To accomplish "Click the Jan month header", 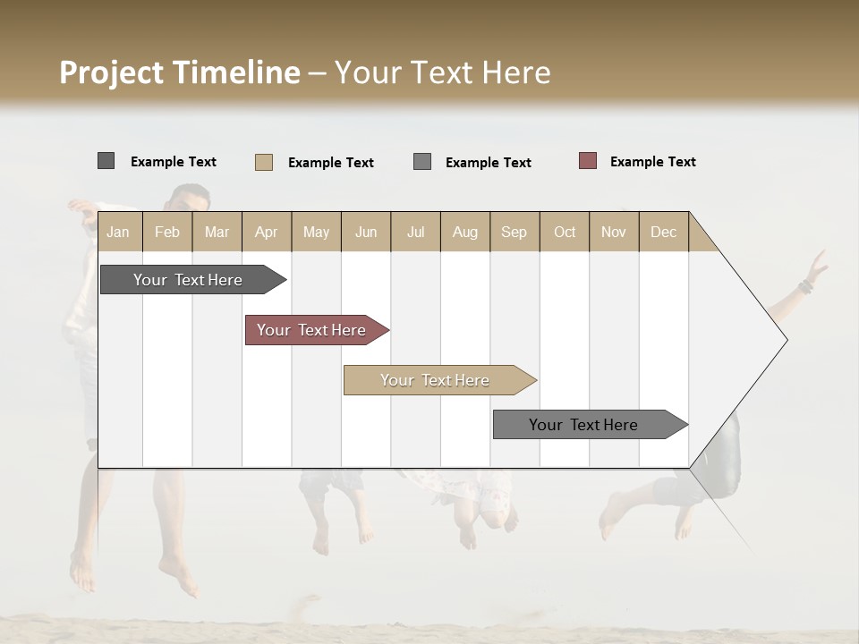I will pos(118,232).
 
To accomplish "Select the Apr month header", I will pos(266,232).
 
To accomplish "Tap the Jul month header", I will pos(415,232).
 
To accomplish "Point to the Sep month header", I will pos(514,232).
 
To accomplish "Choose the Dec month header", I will pos(663,232).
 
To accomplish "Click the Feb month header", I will pos(167,232).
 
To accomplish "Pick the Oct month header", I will pos(565,232).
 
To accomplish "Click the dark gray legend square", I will pos(106,161).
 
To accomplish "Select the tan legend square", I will pos(263,162).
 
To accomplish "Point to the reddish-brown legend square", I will pos(587,161).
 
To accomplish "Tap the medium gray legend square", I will pos(422,162).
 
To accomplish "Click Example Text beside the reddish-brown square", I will pos(652,162).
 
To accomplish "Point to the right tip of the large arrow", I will pos(786,340).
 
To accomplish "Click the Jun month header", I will pos(366,232).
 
